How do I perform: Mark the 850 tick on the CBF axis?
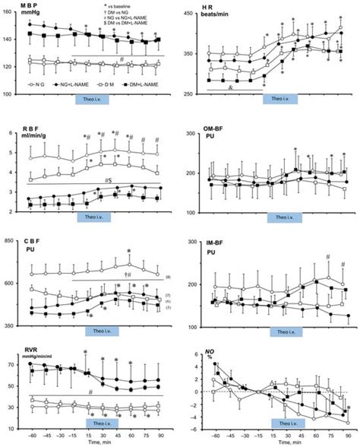click(11, 242)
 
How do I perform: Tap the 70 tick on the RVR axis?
click(11, 364)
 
